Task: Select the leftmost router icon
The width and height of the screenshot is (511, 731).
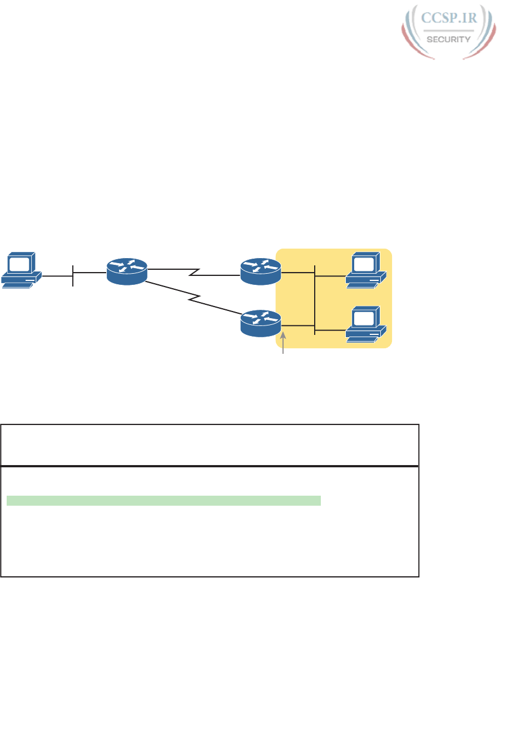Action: (127, 271)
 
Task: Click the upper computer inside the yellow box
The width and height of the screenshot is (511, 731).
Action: (365, 271)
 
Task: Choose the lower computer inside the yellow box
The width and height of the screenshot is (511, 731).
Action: (365, 323)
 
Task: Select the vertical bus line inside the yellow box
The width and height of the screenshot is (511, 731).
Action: (315, 300)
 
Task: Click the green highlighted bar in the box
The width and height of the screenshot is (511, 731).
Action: (163, 501)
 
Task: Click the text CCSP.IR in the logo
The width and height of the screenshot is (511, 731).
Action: (450, 18)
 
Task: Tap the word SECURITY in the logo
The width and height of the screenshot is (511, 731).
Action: (449, 39)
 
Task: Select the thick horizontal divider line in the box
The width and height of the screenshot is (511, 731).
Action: (210, 466)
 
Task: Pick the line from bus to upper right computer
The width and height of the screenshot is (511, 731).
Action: (330, 273)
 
